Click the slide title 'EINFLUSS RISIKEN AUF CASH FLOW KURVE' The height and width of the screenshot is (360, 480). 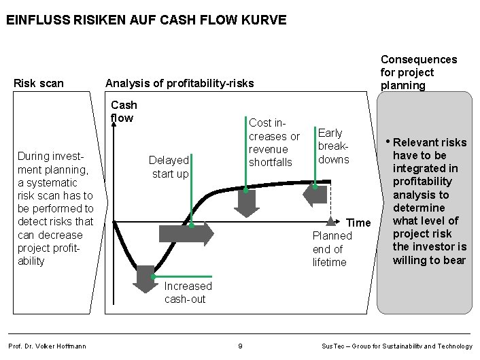click(146, 20)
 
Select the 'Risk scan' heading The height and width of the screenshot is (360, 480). click(39, 84)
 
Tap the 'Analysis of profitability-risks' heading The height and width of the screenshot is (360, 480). click(179, 84)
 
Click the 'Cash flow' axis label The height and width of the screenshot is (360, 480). click(124, 111)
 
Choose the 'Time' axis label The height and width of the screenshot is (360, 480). click(358, 223)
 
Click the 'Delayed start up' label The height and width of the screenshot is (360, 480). click(169, 167)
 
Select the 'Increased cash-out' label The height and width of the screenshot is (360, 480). click(188, 293)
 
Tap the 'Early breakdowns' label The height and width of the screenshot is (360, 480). click(333, 146)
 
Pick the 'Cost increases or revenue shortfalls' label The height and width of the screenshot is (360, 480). click(274, 142)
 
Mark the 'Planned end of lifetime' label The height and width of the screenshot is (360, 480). click(332, 249)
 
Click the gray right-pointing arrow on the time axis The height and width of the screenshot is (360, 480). click(186, 233)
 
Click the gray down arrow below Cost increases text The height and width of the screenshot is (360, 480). click(245, 201)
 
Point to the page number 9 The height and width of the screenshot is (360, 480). click(240, 346)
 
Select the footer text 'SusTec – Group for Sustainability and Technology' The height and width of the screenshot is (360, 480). click(396, 346)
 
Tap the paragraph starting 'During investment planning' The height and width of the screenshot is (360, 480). click(56, 209)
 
